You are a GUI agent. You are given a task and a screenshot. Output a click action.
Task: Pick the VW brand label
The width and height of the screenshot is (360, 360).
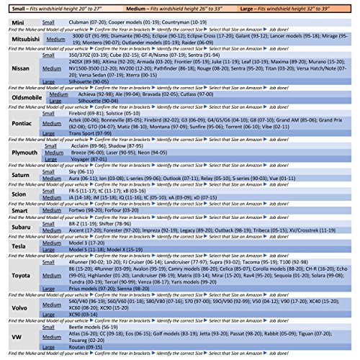point(14,336)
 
